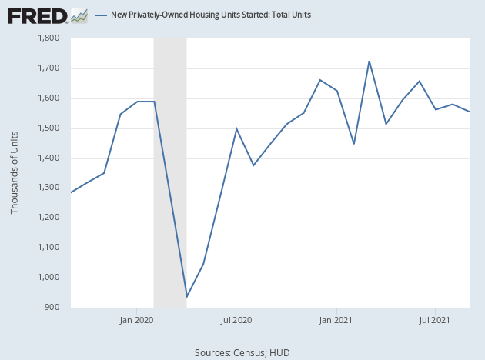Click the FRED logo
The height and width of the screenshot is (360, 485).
click(37, 15)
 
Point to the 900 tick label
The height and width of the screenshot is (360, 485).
click(52, 308)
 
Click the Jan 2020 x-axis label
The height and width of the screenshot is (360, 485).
click(136, 318)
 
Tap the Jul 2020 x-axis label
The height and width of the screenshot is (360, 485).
click(236, 318)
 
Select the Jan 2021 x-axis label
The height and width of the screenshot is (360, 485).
click(336, 318)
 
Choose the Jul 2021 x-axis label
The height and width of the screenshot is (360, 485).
click(436, 318)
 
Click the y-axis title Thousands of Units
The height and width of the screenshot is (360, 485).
click(15, 173)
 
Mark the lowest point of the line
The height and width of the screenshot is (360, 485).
click(187, 297)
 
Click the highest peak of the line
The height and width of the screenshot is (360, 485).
click(370, 61)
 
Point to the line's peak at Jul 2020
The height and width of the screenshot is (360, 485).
click(236, 128)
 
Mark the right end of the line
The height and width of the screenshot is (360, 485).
click(470, 112)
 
